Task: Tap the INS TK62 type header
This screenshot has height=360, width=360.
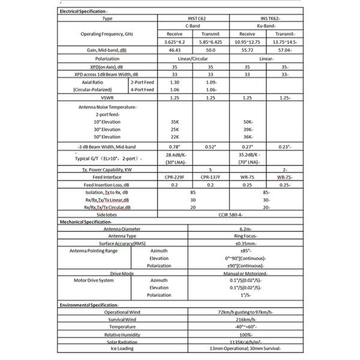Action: pos(266,19)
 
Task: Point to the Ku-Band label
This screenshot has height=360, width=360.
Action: pos(266,26)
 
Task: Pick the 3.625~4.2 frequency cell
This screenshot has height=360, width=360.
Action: pos(175,42)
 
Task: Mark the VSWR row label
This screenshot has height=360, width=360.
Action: pos(107,97)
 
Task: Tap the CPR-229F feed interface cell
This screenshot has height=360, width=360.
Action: pos(175,177)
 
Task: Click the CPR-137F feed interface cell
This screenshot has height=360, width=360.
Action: pos(210,177)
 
